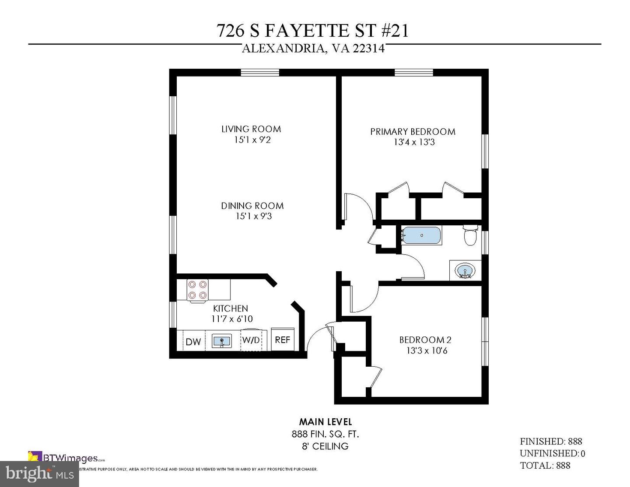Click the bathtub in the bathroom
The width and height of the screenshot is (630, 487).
(x=421, y=235)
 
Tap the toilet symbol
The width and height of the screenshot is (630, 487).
(x=470, y=235)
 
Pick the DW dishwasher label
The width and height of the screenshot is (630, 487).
(x=193, y=342)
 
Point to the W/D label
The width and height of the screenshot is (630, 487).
(x=251, y=340)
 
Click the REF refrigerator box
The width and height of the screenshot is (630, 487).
(x=283, y=340)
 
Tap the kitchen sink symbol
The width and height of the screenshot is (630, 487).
(x=222, y=340)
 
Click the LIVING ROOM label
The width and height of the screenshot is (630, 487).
(x=251, y=129)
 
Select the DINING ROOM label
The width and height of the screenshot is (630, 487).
(x=252, y=206)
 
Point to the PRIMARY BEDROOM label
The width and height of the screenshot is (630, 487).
(x=413, y=131)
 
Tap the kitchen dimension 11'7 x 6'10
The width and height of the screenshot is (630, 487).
(x=232, y=319)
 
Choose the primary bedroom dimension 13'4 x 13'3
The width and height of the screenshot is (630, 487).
(x=414, y=142)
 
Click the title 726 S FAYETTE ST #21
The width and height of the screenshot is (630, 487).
(x=313, y=31)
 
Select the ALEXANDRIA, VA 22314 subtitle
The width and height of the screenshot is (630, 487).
(x=313, y=49)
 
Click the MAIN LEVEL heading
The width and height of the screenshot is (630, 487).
(x=325, y=422)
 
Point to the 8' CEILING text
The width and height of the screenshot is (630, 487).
(x=325, y=446)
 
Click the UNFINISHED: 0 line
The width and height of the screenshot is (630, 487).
(x=552, y=453)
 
